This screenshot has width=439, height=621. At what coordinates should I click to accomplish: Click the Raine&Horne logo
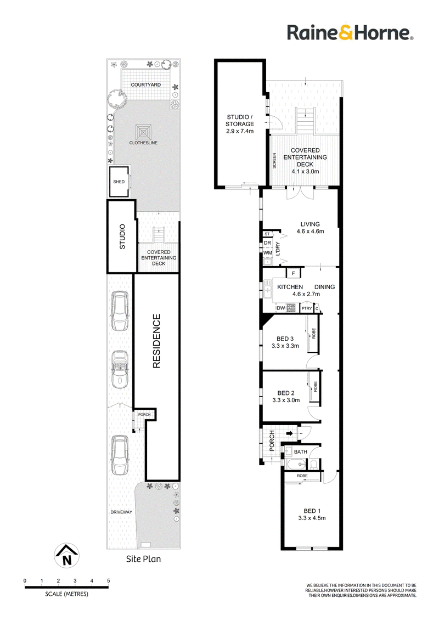[350, 32]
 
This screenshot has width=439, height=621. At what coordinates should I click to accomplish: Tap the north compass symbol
[66, 555]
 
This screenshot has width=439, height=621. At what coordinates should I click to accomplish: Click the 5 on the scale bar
[108, 580]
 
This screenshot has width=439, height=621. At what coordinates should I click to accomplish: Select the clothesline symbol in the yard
[143, 132]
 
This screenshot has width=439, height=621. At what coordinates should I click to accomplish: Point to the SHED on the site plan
[119, 182]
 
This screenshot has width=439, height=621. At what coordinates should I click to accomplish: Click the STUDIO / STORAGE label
[240, 120]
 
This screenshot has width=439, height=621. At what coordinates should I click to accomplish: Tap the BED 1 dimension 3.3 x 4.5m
[312, 518]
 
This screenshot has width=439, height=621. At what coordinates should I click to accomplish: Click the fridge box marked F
[293, 273]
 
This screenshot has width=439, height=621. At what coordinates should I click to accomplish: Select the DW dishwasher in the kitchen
[281, 308]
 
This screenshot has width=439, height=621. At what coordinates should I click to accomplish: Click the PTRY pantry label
[307, 308]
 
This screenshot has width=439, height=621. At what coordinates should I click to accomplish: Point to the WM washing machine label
[268, 253]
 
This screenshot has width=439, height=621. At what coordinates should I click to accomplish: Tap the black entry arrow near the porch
[290, 434]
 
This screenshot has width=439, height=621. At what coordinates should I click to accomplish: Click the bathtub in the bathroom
[296, 464]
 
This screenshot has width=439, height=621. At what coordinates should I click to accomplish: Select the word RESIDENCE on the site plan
[156, 341]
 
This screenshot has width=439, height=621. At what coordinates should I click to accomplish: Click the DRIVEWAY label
[121, 512]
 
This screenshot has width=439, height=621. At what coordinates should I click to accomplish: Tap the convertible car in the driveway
[119, 370]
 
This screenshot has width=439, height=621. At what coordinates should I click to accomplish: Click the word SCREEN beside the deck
[274, 160]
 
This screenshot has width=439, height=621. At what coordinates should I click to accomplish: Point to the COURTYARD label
[146, 84]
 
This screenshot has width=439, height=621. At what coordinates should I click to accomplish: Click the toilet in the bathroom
[313, 464]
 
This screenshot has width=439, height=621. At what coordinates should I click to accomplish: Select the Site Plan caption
[143, 559]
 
